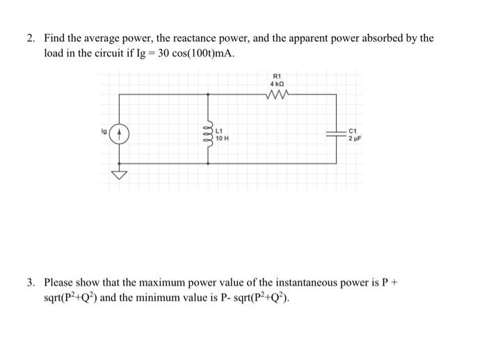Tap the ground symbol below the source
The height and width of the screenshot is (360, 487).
(120, 175)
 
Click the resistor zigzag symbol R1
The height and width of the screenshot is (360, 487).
(277, 95)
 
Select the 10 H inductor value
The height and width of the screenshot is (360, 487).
(223, 139)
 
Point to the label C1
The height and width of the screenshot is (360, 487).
(353, 130)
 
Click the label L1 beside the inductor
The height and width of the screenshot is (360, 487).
(220, 131)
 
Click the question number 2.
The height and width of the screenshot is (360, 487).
(31, 38)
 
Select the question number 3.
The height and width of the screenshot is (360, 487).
(31, 283)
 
